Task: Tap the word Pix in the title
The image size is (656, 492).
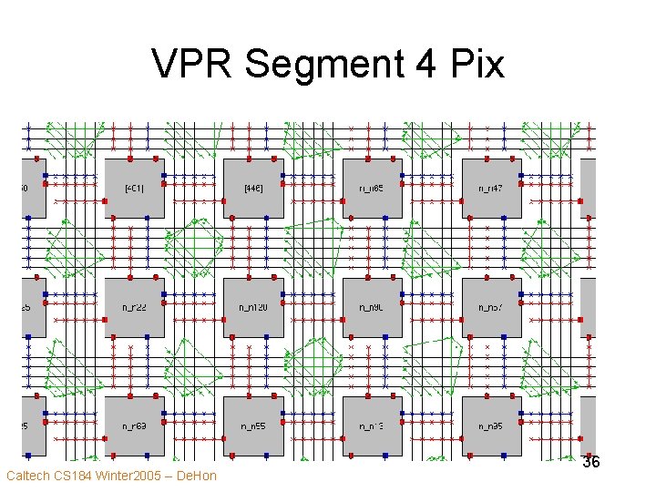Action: (x=474, y=65)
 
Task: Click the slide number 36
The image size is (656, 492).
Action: (x=591, y=462)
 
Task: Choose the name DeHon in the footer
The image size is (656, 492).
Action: (x=195, y=477)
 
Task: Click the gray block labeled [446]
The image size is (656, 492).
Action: (x=254, y=189)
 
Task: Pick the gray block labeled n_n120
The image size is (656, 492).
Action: (x=254, y=308)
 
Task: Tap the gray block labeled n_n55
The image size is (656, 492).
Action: (x=254, y=426)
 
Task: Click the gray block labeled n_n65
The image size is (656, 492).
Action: (x=373, y=189)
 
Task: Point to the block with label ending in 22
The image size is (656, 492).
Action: (x=135, y=308)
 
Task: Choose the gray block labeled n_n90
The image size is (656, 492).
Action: (x=373, y=308)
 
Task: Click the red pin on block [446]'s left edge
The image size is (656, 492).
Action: (x=224, y=200)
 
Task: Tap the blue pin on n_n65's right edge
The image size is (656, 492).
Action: (x=402, y=175)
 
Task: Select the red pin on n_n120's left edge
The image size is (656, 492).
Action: (x=224, y=320)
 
